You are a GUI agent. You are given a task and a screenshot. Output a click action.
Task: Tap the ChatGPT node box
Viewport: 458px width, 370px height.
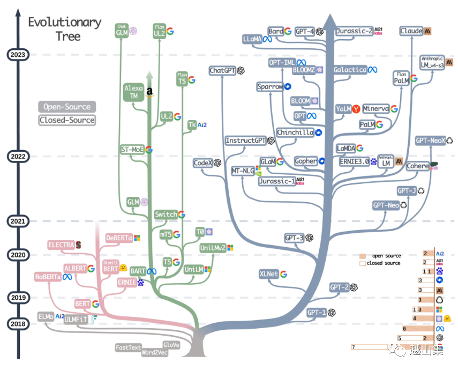click(223, 70)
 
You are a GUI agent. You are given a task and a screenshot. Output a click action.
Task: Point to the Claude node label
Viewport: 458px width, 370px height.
click(411, 32)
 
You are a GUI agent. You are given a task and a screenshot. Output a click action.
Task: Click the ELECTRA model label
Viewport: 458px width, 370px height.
click(61, 245)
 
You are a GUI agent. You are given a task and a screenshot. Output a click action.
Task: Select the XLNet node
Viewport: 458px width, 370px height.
click(269, 274)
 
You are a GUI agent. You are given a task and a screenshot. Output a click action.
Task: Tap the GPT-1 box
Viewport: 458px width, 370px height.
click(317, 312)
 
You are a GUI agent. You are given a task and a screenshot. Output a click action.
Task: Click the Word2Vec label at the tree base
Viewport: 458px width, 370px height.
click(155, 353)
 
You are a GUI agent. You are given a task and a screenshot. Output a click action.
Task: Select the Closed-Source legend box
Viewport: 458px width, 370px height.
click(67, 120)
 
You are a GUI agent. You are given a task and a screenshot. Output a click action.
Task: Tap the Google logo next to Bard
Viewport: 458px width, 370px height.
click(288, 32)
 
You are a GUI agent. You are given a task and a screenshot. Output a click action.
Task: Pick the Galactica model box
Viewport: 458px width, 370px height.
click(350, 70)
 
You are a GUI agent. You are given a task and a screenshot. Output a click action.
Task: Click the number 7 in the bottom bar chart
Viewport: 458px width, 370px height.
click(353, 347)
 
